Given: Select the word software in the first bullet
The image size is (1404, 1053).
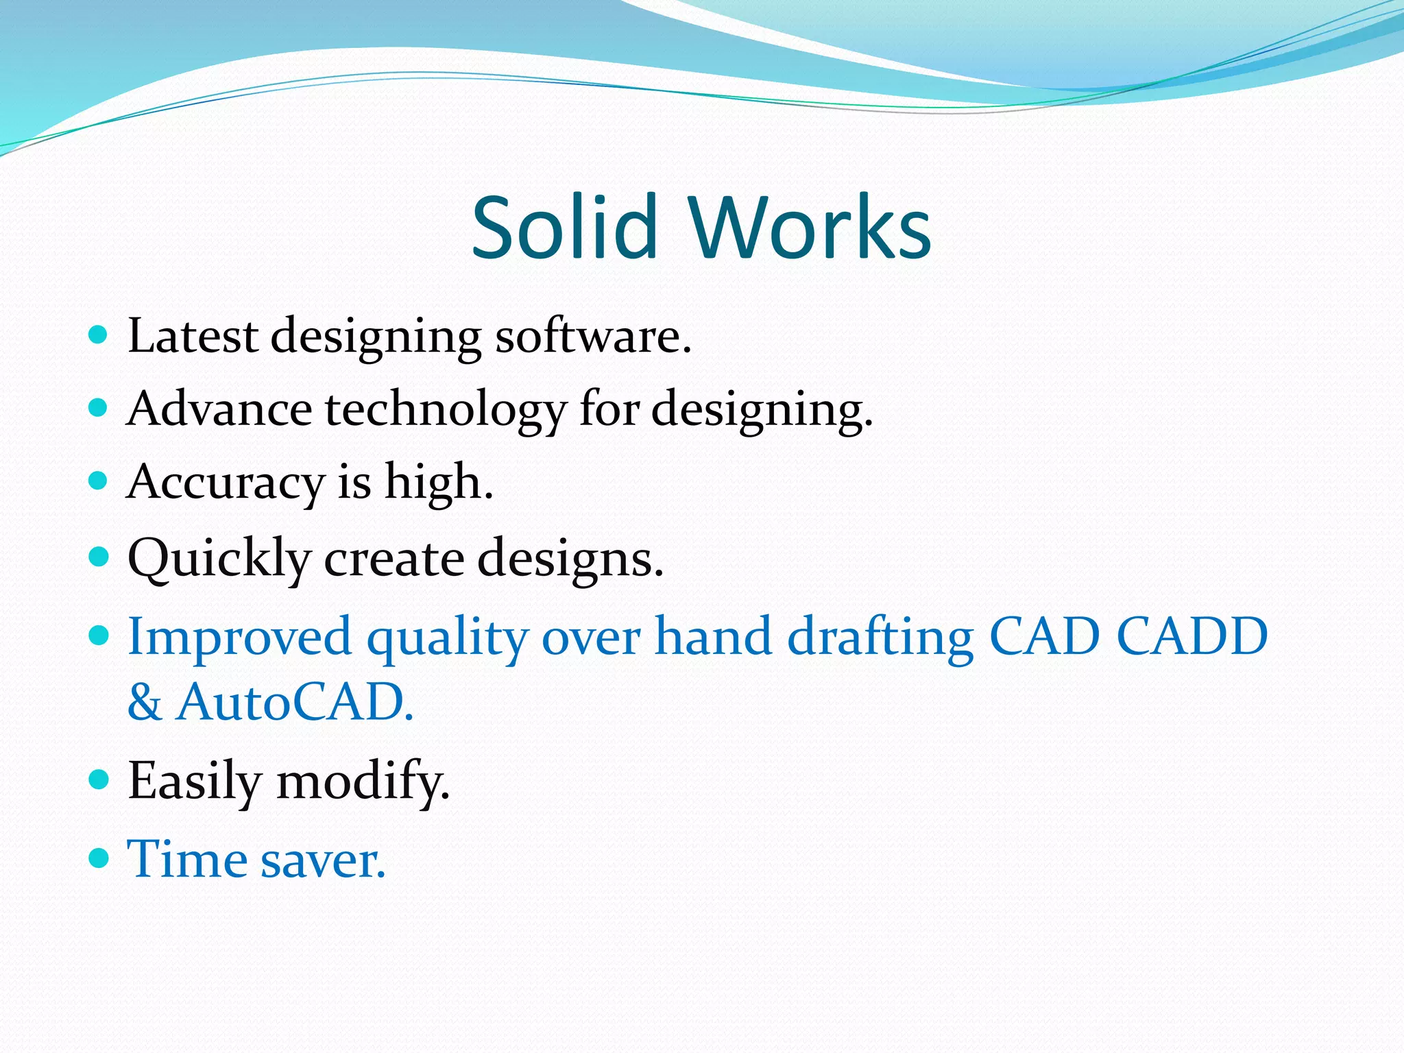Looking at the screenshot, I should point(592,337).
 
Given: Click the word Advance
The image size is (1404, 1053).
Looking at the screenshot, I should point(219,409).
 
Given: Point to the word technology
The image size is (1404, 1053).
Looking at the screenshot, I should point(446,410).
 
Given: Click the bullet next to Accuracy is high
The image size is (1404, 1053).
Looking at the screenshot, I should point(99,480).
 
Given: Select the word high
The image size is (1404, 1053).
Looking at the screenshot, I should point(439,481).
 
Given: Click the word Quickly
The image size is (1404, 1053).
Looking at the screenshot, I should point(219,559).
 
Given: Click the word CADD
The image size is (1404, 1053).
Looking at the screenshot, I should point(1192,636).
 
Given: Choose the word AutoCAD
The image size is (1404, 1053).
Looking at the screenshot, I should point(295,702).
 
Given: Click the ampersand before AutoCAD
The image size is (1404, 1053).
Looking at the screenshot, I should point(145,703).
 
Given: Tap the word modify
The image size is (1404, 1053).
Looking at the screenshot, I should point(363,782).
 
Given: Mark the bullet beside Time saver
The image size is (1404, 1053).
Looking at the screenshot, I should point(99,858).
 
